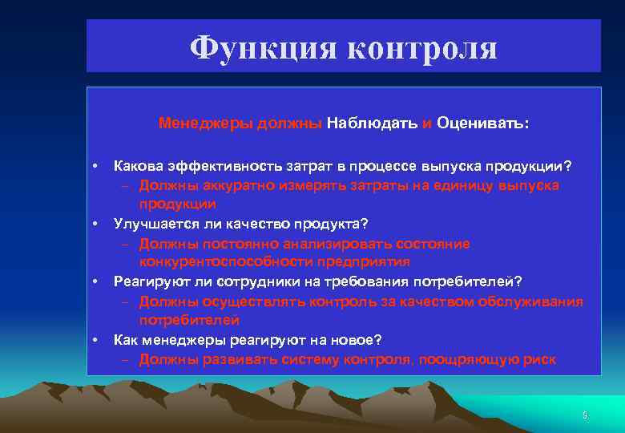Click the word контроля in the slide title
pos(422,48)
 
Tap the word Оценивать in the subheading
pos(482,123)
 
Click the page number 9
pos(585,415)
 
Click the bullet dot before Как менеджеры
pos(95,339)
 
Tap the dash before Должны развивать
pos(127,359)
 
